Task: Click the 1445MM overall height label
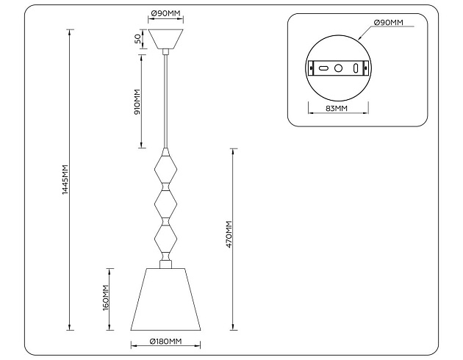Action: pyautogui.click(x=65, y=179)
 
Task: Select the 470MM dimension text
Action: pyautogui.click(x=229, y=234)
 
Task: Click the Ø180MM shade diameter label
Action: pyautogui.click(x=165, y=342)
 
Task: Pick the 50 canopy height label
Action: pyautogui.click(x=137, y=39)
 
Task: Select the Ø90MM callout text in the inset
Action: pyautogui.click(x=388, y=23)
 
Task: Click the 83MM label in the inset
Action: pyautogui.click(x=336, y=110)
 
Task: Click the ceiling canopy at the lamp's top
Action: pyautogui.click(x=166, y=39)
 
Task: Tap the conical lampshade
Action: pyautogui.click(x=166, y=298)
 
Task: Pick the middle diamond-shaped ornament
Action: pyautogui.click(x=166, y=202)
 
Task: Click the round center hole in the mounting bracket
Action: pyautogui.click(x=339, y=68)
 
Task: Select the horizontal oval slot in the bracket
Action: pyautogui.click(x=323, y=68)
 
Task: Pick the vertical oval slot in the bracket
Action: pyautogui.click(x=355, y=68)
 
